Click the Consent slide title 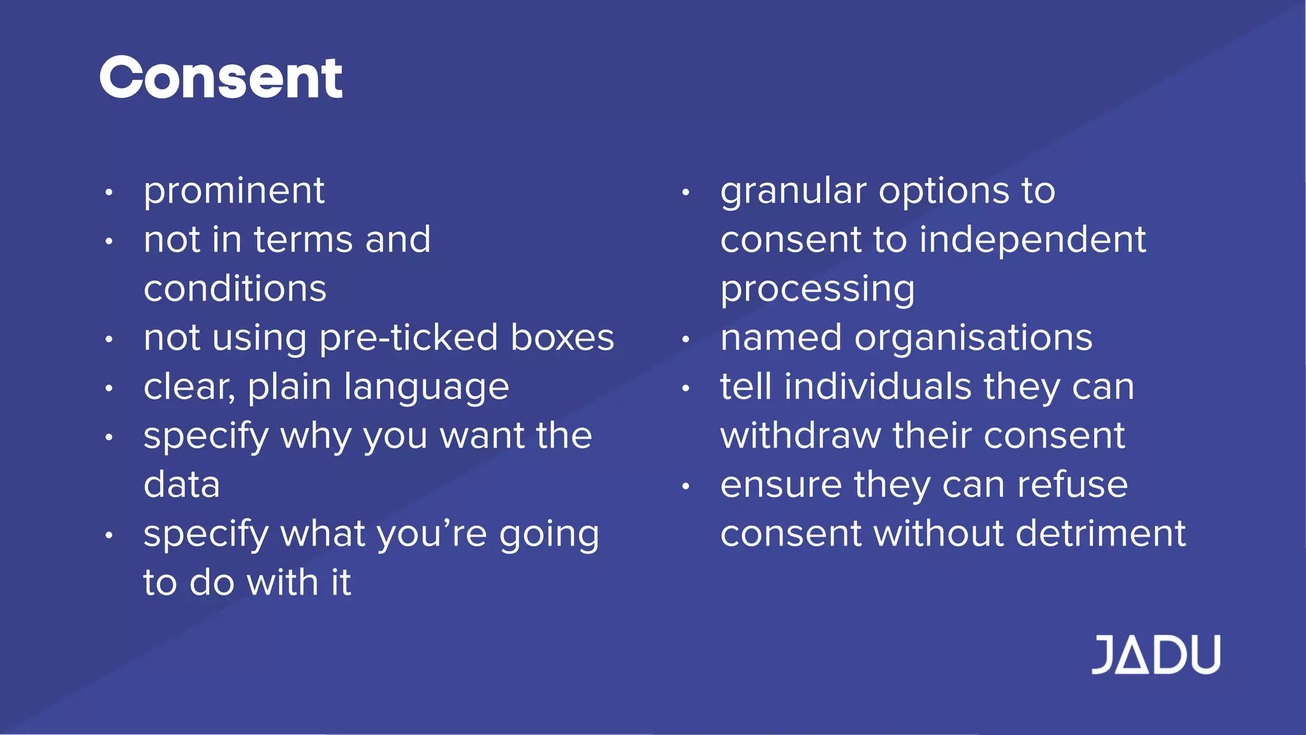(221, 78)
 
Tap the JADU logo (1156, 655)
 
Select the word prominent (234, 191)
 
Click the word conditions (235, 288)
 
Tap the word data (182, 484)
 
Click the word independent (1032, 240)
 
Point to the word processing (818, 290)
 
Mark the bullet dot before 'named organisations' (686, 339)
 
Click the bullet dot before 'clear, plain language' (109, 388)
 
